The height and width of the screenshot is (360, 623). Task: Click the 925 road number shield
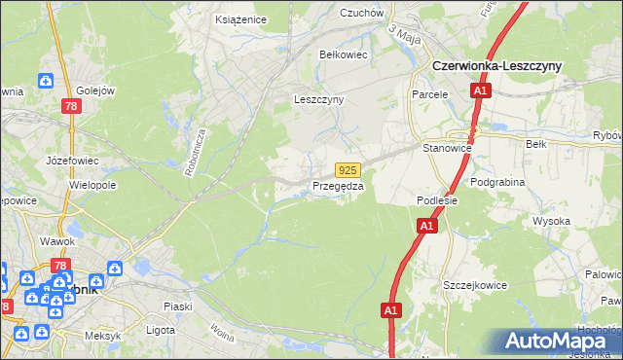[x=350, y=169]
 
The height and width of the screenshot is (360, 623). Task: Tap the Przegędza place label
[x=339, y=186]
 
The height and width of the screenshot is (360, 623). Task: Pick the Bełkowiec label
[x=344, y=54]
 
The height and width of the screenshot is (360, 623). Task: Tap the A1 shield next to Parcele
[x=480, y=90]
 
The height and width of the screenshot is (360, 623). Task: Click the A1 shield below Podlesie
[x=425, y=226]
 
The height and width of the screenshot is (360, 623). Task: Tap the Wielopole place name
[x=93, y=184]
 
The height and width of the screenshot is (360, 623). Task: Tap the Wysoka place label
[x=551, y=221]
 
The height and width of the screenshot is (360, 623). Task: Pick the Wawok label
[x=57, y=240]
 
